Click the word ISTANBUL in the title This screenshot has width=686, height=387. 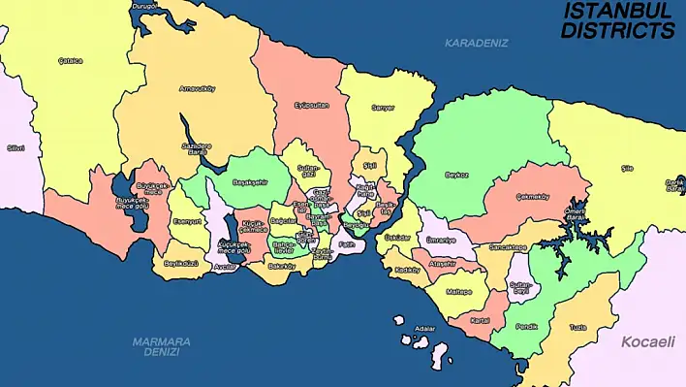tap(618, 11)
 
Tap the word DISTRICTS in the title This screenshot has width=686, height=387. tap(618, 30)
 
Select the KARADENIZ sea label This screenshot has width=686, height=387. tap(476, 43)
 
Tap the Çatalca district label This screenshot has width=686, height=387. tap(70, 60)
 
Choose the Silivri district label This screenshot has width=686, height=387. tap(15, 148)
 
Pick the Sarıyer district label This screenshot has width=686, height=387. tap(383, 108)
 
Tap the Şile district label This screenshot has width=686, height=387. tap(627, 169)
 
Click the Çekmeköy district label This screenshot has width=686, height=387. tap(533, 197)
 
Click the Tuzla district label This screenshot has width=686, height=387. tap(577, 327)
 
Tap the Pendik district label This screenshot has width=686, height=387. tap(526, 327)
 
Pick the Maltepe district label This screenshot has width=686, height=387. tap(457, 291)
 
